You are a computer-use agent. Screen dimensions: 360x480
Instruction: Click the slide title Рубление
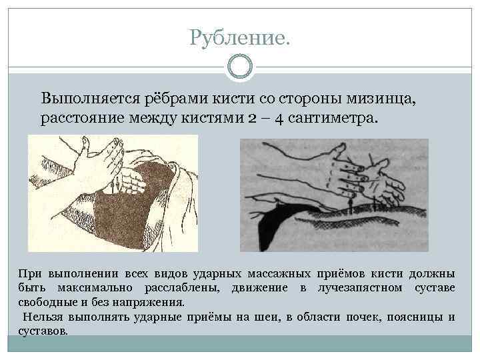coord(239,38)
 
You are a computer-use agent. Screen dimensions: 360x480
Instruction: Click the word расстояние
coord(83,118)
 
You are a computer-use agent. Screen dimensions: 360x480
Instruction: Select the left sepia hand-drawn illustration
coord(113,193)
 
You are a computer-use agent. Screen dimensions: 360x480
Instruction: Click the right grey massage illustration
coord(334,194)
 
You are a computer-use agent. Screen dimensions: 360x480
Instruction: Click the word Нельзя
coord(41,317)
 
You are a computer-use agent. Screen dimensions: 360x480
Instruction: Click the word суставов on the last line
coord(43,331)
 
